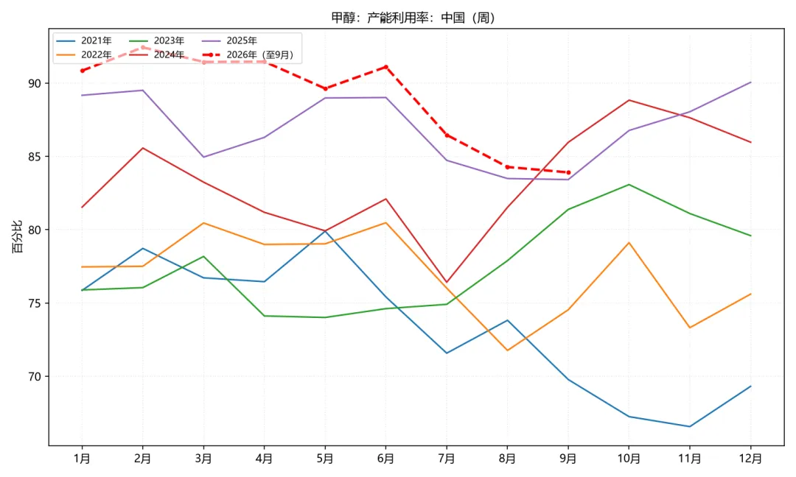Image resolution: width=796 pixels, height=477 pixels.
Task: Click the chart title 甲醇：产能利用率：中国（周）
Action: (413, 18)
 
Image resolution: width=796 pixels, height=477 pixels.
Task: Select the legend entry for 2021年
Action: (84, 40)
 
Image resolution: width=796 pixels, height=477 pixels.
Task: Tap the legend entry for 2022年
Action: (84, 54)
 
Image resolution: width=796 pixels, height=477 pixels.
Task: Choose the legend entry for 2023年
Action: (156, 40)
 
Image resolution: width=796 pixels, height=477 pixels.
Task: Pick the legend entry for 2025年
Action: (229, 40)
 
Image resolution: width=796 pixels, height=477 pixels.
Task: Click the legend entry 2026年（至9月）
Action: (248, 54)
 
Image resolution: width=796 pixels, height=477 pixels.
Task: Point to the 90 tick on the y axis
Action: (35, 83)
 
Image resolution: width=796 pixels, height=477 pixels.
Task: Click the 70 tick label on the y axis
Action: (35, 377)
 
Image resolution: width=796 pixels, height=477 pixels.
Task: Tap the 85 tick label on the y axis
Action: (35, 157)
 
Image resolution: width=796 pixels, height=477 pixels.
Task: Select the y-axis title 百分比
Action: (17, 237)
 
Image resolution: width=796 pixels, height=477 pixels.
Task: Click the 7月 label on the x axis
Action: (447, 459)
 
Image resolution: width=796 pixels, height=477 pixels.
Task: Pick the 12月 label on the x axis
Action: (750, 459)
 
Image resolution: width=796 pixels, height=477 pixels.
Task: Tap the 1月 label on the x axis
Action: (82, 459)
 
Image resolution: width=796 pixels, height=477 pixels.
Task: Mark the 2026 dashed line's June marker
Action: (385, 67)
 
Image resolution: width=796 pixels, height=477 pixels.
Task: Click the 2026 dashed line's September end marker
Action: (568, 172)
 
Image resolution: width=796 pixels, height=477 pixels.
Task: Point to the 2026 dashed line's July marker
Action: (447, 135)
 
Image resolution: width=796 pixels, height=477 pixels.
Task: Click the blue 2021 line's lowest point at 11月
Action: (689, 426)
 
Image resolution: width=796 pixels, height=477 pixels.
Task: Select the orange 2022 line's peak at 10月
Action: (629, 243)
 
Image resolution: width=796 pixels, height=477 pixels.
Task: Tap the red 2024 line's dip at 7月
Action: (447, 283)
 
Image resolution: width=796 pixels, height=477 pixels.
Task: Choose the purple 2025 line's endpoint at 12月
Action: (750, 82)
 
